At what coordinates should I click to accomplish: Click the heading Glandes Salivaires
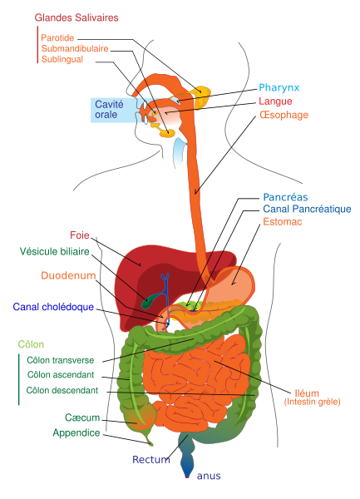(x=76, y=17)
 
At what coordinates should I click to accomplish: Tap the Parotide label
(x=57, y=38)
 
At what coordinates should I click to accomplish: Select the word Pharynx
(x=279, y=88)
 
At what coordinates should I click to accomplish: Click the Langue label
(x=275, y=101)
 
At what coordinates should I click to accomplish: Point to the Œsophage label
(x=284, y=115)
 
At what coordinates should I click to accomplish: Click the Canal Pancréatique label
(x=307, y=209)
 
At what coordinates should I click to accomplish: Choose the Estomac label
(x=283, y=221)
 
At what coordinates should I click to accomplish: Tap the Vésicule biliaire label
(x=54, y=251)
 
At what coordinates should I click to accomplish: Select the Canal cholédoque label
(x=53, y=307)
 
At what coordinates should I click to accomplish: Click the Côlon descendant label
(x=62, y=390)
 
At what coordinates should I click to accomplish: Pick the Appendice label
(x=76, y=432)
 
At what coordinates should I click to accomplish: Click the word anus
(x=209, y=476)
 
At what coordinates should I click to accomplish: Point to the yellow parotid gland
(x=203, y=96)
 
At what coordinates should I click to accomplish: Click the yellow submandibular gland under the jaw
(x=167, y=133)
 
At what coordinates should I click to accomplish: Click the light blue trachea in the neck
(x=180, y=151)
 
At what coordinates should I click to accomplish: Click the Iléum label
(x=307, y=393)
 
